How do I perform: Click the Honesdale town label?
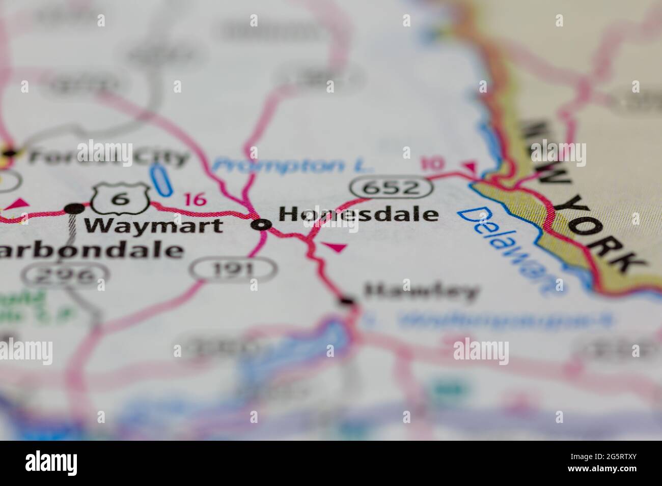tap(358, 215)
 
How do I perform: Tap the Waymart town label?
tap(153, 225)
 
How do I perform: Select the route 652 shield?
tap(392, 188)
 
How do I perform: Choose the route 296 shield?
tap(66, 276)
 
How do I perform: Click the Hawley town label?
tap(422, 292)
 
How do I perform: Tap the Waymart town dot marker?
tap(74, 208)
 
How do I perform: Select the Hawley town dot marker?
tap(347, 301)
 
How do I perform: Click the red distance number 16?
tap(195, 199)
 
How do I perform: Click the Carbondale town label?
tap(92, 250)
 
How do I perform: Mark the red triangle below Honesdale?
tap(335, 248)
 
